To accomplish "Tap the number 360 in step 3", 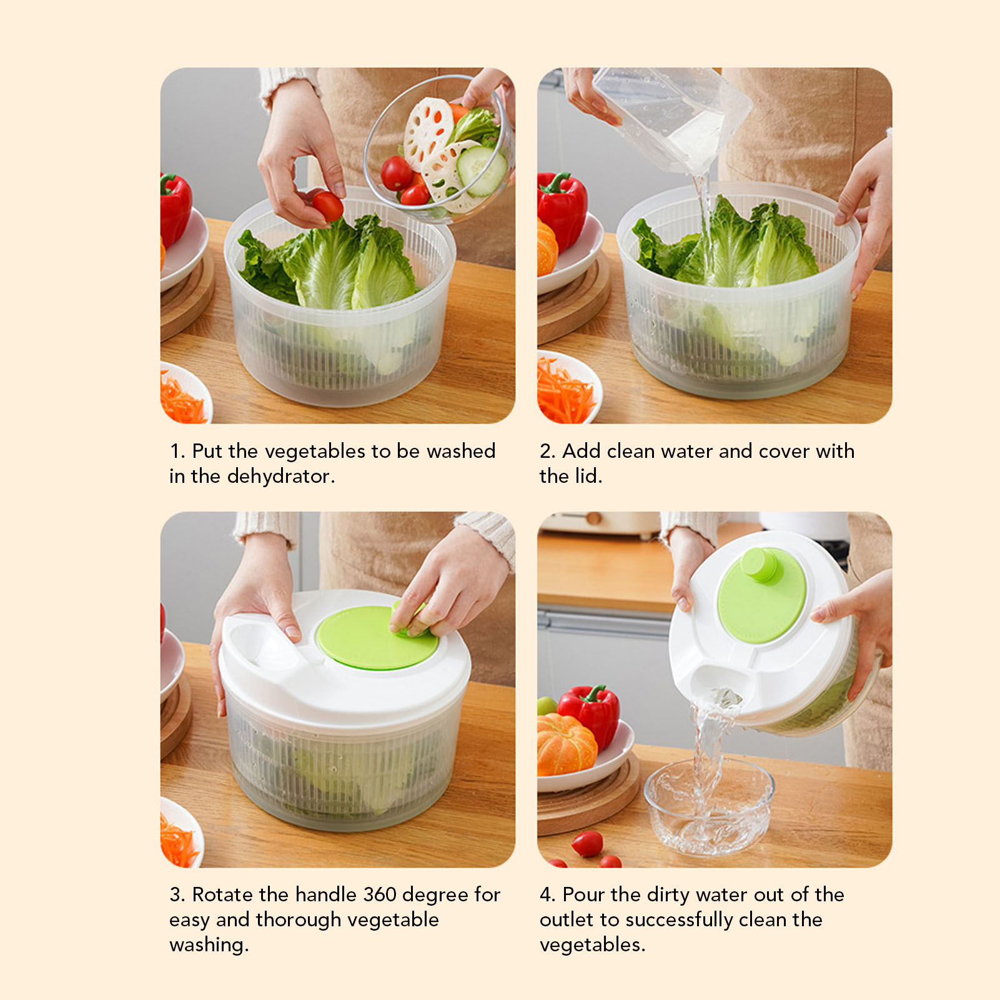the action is tap(379, 894).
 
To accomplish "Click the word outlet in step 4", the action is tap(567, 920).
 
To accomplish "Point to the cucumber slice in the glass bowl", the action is tap(481, 170).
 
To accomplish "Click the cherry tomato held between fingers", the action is tap(327, 205).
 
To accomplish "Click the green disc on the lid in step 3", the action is tap(377, 638).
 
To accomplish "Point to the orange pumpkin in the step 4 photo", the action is tap(565, 745).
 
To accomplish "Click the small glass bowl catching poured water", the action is tap(708, 806).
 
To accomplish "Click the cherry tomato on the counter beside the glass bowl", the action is tap(587, 844).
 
